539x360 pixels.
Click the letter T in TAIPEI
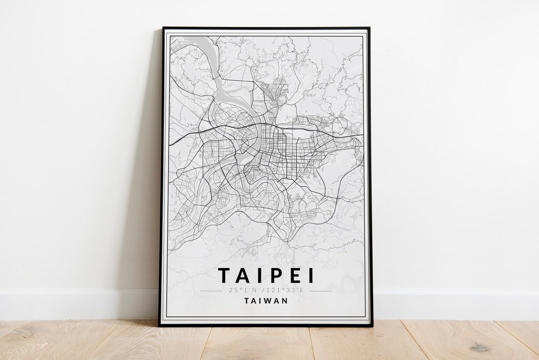225,276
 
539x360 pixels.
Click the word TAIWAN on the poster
267,301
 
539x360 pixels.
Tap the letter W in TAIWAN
269,301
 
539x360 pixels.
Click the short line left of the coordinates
211,291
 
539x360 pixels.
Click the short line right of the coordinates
321,291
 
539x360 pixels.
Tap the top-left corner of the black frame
163,28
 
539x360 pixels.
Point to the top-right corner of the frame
369,28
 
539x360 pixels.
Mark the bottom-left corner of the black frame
160,326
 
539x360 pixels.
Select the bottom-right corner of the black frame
372,326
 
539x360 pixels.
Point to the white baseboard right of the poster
454,304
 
